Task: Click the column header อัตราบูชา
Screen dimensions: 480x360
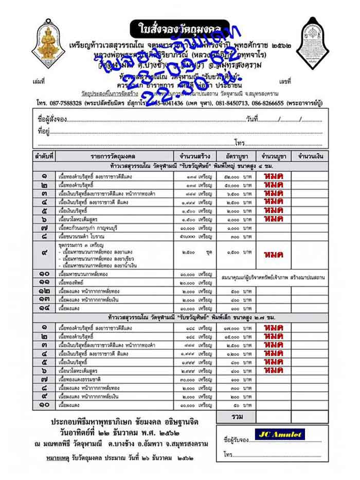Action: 237,155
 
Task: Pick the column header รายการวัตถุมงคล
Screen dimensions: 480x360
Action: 114,155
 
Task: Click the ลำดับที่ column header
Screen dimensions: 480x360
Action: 44,155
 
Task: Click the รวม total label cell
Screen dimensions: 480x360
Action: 237,415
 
